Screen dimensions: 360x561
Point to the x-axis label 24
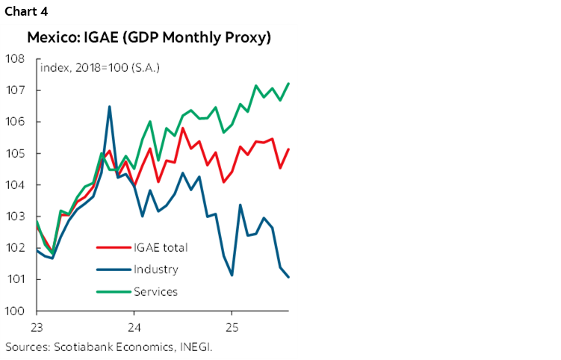coord(134,328)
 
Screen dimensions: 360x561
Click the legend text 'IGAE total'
coord(161,247)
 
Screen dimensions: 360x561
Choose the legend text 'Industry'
coord(156,269)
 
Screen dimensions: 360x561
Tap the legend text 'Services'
coord(156,291)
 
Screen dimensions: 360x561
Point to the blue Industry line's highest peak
coord(110,107)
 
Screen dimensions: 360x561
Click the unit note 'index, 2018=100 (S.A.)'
coord(100,68)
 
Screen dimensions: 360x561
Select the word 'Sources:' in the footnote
coord(26,347)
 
